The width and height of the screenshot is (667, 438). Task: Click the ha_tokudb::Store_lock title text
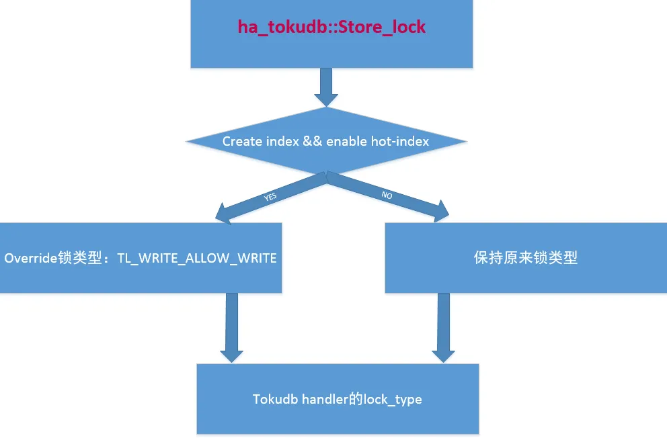pyautogui.click(x=331, y=27)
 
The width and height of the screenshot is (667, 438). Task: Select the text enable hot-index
pyautogui.click(x=377, y=141)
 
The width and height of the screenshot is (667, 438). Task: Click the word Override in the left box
pyautogui.click(x=31, y=258)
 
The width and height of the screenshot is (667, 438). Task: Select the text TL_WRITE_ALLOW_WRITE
pyautogui.click(x=197, y=258)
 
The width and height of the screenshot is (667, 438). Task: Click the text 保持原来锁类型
pyautogui.click(x=526, y=258)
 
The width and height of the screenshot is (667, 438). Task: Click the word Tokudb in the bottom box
pyautogui.click(x=275, y=399)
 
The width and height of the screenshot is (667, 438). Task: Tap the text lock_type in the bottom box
pyautogui.click(x=393, y=399)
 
